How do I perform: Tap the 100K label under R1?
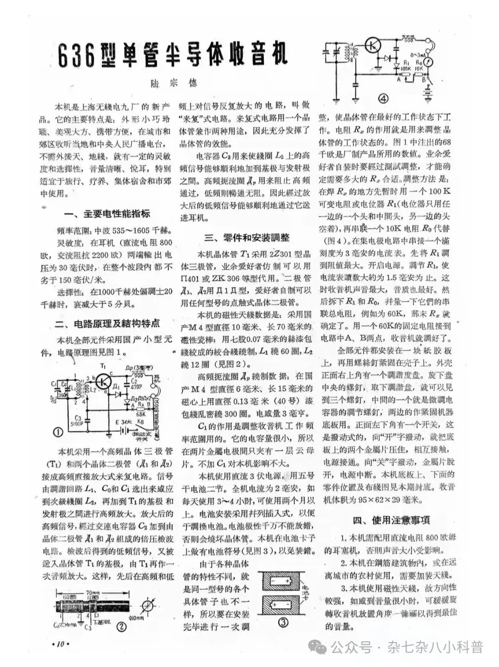coord(406,67)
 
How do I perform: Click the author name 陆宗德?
coord(175,83)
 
